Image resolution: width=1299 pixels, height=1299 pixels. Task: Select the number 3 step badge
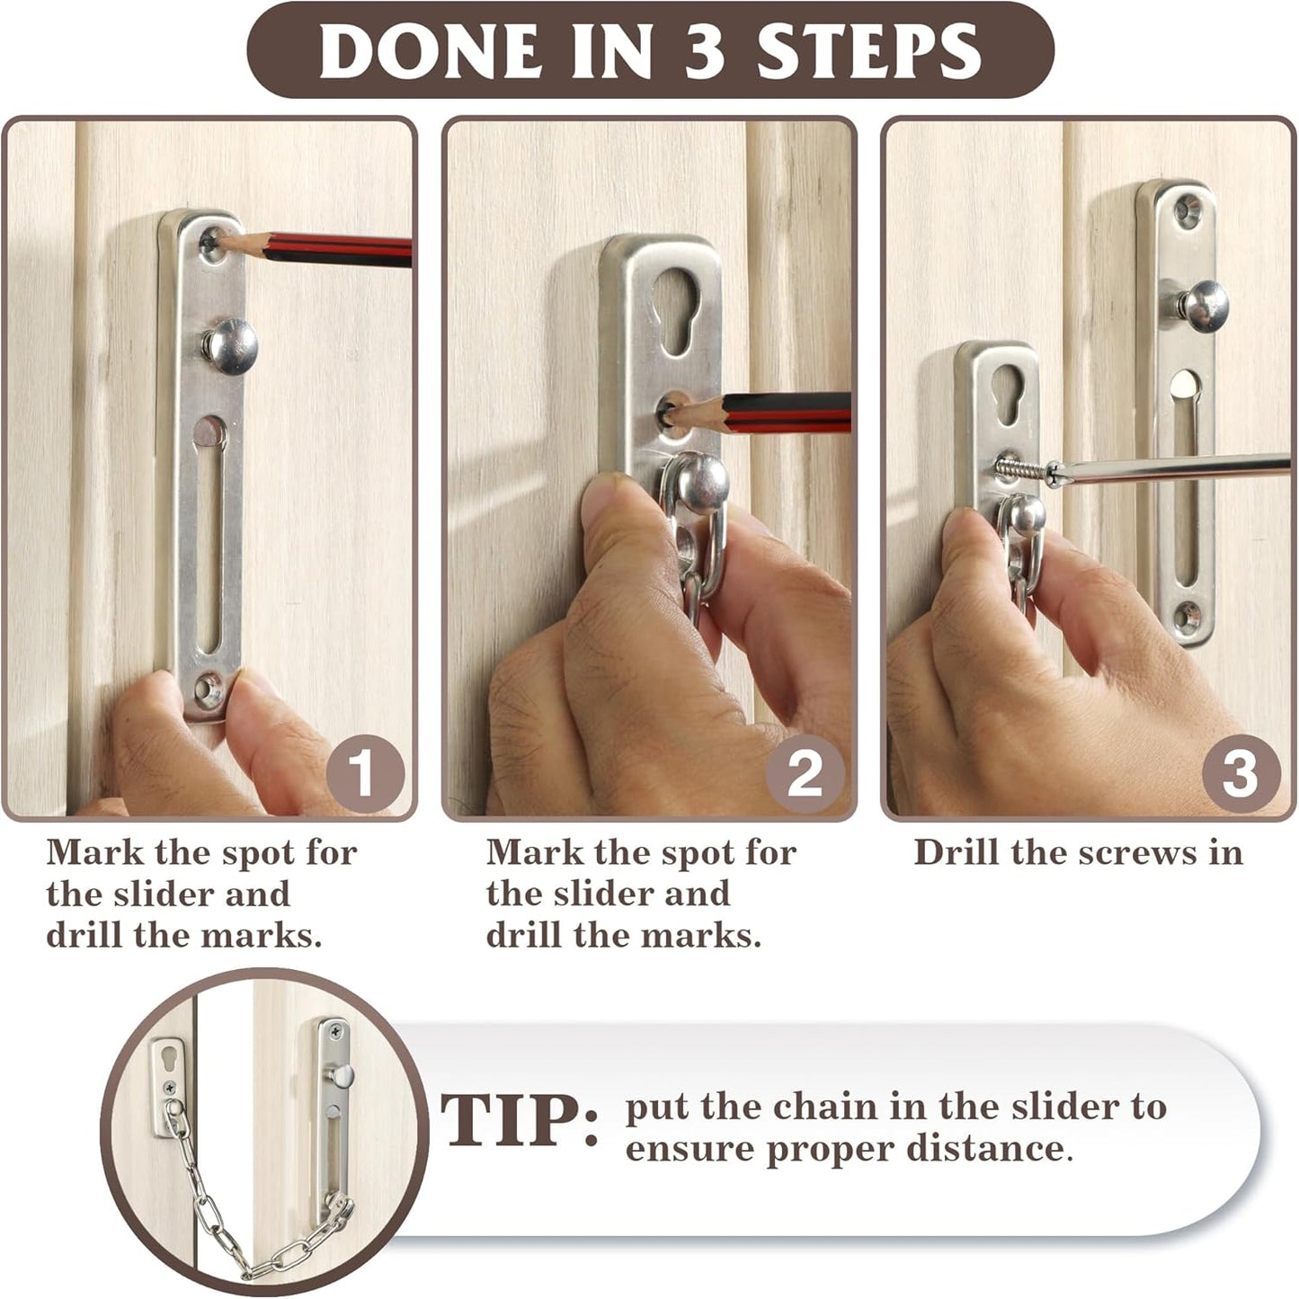click(1241, 772)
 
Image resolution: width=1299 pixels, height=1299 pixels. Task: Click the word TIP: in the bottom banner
click(520, 1121)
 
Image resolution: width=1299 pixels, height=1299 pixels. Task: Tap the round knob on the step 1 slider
click(230, 345)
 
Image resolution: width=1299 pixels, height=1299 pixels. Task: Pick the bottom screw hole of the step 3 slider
click(1187, 615)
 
